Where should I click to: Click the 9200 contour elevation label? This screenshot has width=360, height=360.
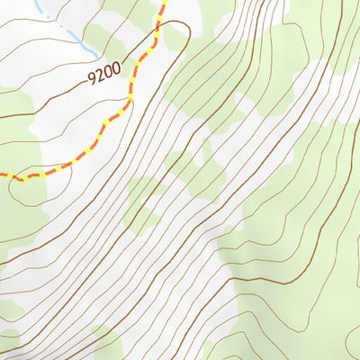106,76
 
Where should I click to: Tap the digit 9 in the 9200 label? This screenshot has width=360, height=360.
94,80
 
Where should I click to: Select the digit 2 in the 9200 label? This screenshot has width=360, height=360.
102,77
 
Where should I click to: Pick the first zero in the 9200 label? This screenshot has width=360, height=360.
110,75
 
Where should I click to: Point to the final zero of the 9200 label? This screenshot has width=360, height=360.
118,72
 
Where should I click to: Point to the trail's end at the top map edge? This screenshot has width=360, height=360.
166,2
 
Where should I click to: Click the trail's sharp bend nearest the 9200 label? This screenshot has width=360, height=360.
131,101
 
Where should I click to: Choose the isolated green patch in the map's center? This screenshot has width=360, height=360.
144,202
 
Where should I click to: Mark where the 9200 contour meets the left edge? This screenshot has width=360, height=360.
2,117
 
